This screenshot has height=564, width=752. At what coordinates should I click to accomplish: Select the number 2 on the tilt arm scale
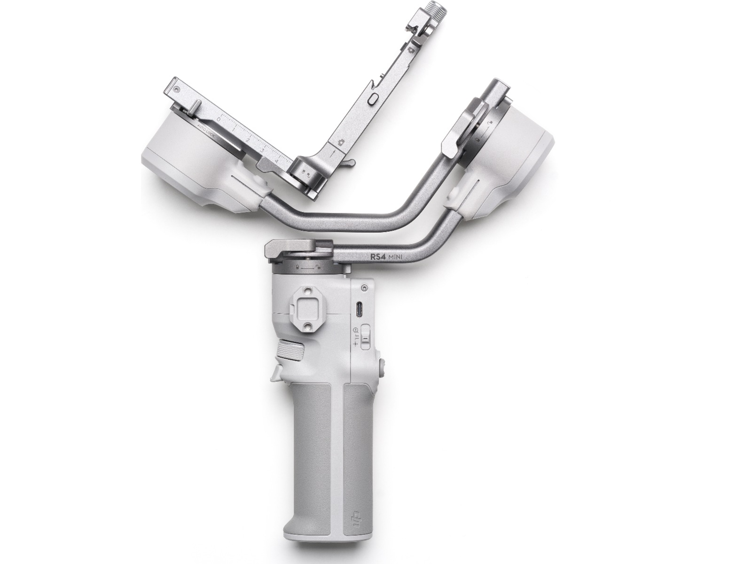point(248,141)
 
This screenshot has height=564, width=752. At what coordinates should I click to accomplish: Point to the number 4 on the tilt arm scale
point(276,162)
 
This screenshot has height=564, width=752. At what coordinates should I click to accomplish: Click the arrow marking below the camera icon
point(333,152)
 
